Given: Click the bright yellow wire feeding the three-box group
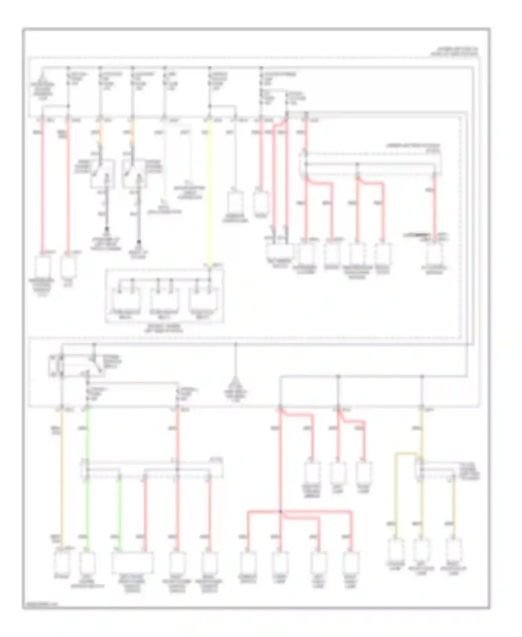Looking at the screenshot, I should pyautogui.click(x=209, y=195).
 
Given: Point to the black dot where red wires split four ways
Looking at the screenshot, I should pyautogui.click(x=280, y=512).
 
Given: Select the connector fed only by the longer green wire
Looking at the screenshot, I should pyautogui.click(x=87, y=561).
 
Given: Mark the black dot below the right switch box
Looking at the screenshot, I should pyautogui.click(x=139, y=242).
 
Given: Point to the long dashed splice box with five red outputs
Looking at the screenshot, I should pyautogui.click(x=371, y=164).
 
